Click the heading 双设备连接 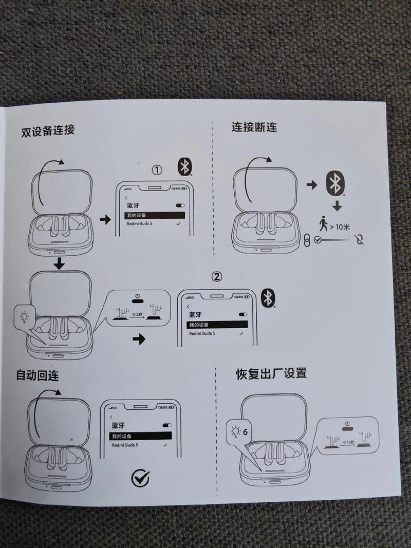pyautogui.click(x=48, y=130)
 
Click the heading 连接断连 pyautogui.click(x=254, y=126)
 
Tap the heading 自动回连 pyautogui.click(x=37, y=375)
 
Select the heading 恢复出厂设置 pyautogui.click(x=271, y=373)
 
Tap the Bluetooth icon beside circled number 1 pyautogui.click(x=185, y=166)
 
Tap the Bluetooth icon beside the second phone pyautogui.click(x=268, y=298)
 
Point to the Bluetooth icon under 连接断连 pyautogui.click(x=335, y=183)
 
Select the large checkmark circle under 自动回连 pyautogui.click(x=140, y=478)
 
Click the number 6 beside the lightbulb pyautogui.click(x=245, y=431)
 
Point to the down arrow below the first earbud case pyautogui.click(x=60, y=263)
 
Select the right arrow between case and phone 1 pyautogui.click(x=105, y=220)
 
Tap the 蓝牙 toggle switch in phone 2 pyautogui.click(x=243, y=314)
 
